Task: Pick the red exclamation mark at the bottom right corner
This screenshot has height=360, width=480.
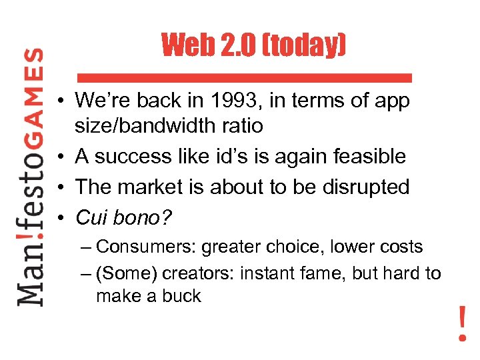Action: pos(462,323)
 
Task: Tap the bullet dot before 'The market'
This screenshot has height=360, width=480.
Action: pos(61,188)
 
